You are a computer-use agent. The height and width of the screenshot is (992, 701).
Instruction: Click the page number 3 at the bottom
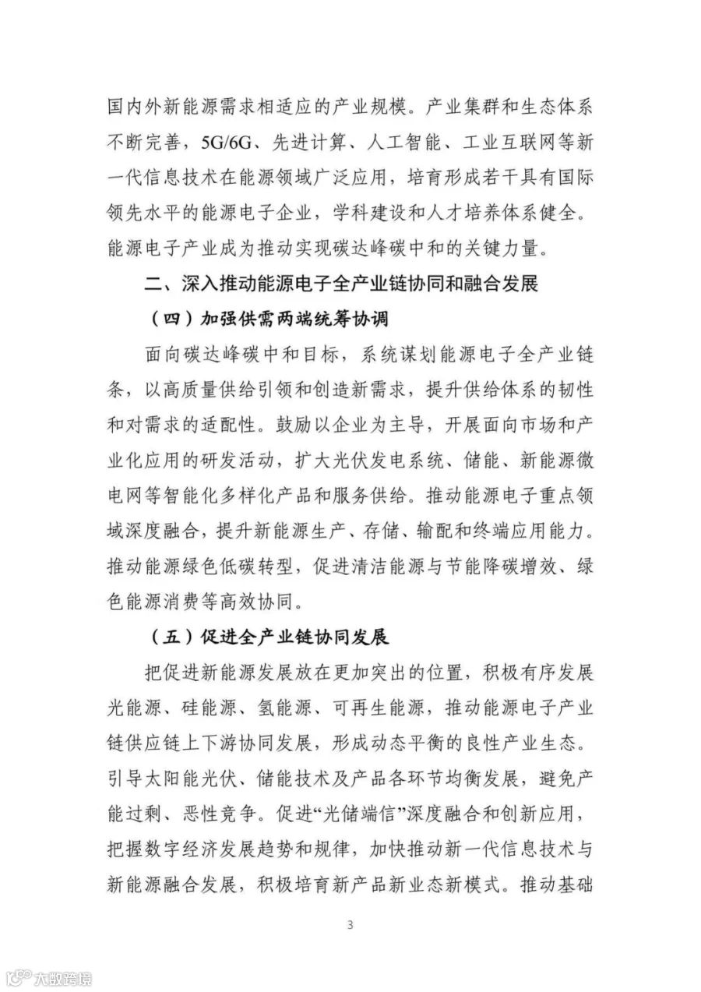(x=350, y=925)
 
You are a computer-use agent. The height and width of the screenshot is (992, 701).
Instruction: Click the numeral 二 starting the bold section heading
(x=153, y=283)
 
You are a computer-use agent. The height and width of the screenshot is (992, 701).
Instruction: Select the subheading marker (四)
(x=167, y=319)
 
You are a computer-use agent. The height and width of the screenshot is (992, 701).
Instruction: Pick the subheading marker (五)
(x=167, y=637)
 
